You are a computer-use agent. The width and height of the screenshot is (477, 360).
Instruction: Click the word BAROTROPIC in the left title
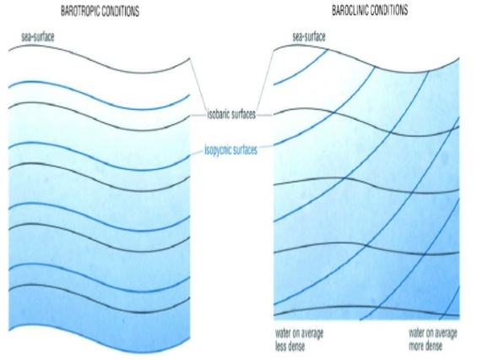tap(79, 11)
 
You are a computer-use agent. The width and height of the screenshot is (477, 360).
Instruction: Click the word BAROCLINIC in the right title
tap(350, 10)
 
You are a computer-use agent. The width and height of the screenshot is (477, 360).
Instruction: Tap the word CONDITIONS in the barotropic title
tap(120, 11)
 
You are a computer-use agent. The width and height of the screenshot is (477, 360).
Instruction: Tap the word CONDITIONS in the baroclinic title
tap(389, 10)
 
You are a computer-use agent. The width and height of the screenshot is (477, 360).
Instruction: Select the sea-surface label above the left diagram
tap(38, 37)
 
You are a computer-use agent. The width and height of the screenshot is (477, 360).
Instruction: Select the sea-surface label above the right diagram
tap(309, 37)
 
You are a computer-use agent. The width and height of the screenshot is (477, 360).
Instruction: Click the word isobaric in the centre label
tap(219, 114)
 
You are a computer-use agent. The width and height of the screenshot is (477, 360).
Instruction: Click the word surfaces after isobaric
tap(244, 114)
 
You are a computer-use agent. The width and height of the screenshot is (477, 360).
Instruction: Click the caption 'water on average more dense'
tap(432, 340)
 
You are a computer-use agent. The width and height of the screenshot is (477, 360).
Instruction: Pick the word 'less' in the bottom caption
tap(282, 346)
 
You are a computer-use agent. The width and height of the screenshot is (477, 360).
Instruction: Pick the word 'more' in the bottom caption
tap(417, 346)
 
